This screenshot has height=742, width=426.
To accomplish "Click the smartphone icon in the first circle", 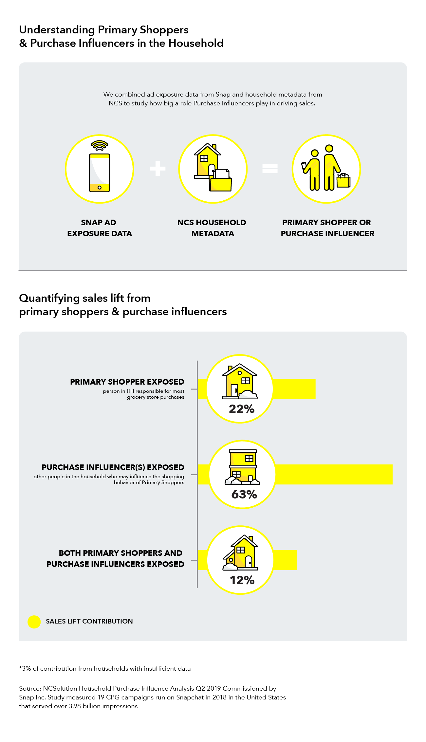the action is click(100, 172).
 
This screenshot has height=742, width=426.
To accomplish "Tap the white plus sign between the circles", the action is click(158, 169).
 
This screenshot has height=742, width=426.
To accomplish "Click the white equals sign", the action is click(270, 169).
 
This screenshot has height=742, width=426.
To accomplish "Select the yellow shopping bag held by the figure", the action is click(343, 181).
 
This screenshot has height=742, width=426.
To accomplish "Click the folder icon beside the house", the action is click(221, 180).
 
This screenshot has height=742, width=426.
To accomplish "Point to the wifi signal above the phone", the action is click(100, 146).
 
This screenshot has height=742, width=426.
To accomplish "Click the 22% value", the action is click(242, 409).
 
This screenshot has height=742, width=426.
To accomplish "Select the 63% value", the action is click(244, 494).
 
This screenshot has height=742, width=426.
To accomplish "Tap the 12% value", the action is click(242, 580).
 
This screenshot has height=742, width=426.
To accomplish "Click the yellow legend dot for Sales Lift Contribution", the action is click(34, 622).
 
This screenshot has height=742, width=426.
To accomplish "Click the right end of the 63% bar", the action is click(392, 474).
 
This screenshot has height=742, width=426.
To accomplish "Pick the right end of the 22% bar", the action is click(315, 389).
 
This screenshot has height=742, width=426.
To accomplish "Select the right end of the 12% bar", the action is click(296, 560).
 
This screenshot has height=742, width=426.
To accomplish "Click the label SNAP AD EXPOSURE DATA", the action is click(100, 228).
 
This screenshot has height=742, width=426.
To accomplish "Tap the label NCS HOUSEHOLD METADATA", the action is click(212, 228).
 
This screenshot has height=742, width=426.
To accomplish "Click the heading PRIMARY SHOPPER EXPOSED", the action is click(127, 382).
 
